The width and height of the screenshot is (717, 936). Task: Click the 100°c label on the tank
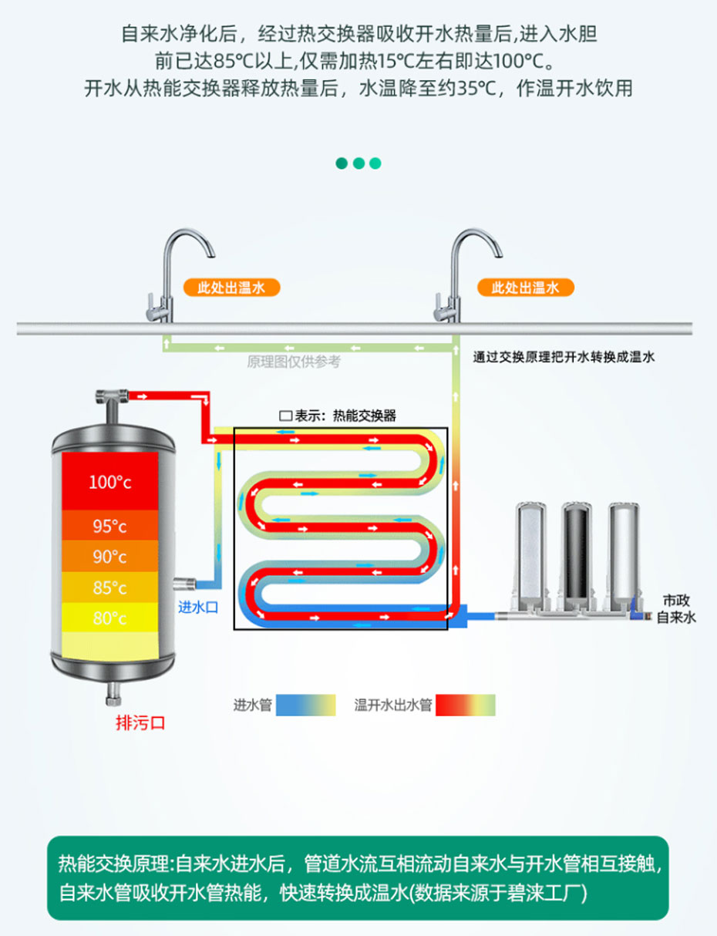109,483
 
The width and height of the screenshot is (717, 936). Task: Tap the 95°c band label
109,527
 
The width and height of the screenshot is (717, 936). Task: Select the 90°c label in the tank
109,557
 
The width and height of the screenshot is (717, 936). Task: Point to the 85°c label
109,588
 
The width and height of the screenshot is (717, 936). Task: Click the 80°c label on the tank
109,618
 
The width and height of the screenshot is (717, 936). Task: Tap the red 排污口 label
140,722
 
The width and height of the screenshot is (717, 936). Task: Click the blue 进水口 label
198,607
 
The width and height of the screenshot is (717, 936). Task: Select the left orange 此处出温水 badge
231,288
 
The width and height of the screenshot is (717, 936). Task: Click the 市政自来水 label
676,608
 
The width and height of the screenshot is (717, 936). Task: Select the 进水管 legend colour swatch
306,705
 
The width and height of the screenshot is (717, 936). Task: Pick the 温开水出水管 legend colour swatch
466,705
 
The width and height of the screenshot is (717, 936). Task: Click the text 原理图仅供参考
293,362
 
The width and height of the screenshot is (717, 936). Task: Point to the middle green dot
358,163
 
